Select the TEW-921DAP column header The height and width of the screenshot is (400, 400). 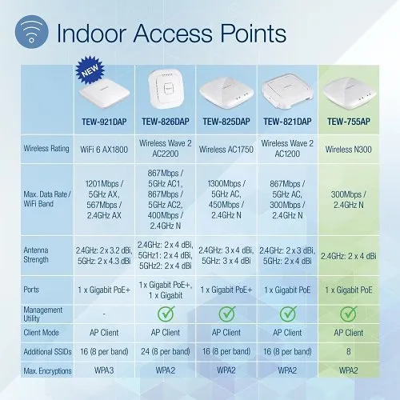click(106, 122)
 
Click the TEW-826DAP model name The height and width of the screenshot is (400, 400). click(170, 122)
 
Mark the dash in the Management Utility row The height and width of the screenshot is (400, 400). click(106, 312)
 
